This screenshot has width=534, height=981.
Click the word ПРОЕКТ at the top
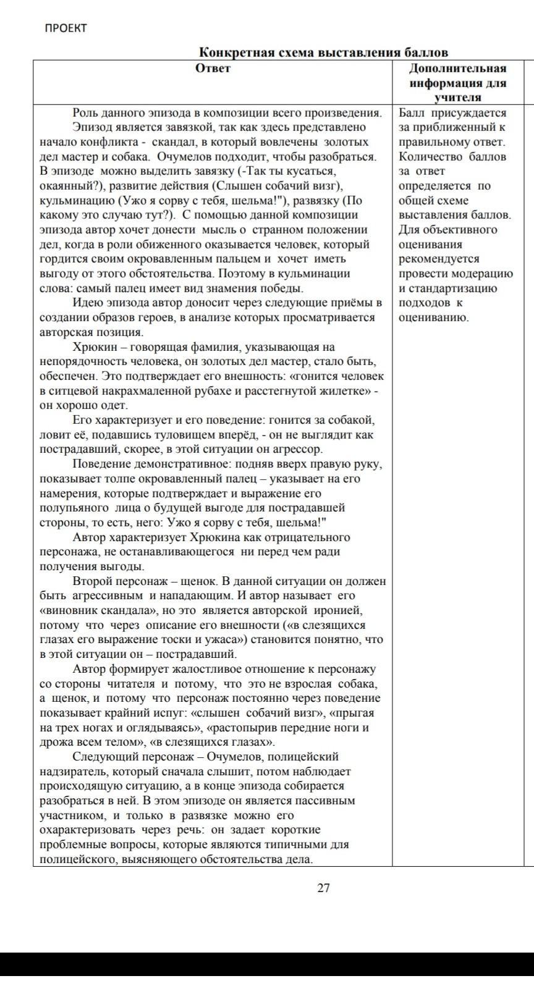click(x=66, y=28)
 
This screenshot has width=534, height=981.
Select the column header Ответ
click(x=213, y=68)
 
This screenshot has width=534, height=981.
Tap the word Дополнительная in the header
click(x=457, y=68)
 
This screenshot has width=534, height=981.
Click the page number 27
click(x=323, y=888)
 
